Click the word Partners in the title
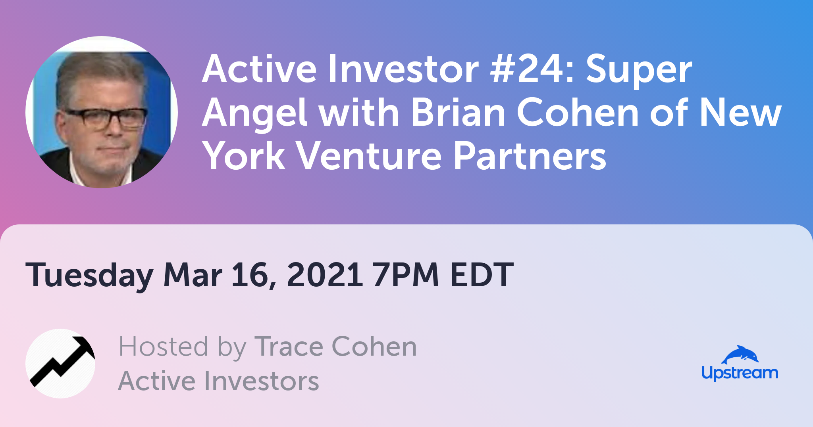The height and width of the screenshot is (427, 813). pos(530,155)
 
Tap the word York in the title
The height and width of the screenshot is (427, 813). pos(244,155)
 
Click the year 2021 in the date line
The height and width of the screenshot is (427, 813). pos(324,274)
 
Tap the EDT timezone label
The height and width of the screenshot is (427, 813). pos(482,274)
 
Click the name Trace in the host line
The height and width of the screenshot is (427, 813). pos(289,347)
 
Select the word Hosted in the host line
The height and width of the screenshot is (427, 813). pos(163,347)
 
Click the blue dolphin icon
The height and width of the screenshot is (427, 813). pos(740,354)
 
